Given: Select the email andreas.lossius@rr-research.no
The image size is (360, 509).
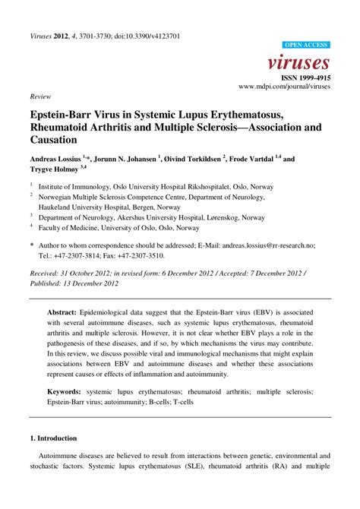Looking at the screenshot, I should [x=261, y=246].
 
